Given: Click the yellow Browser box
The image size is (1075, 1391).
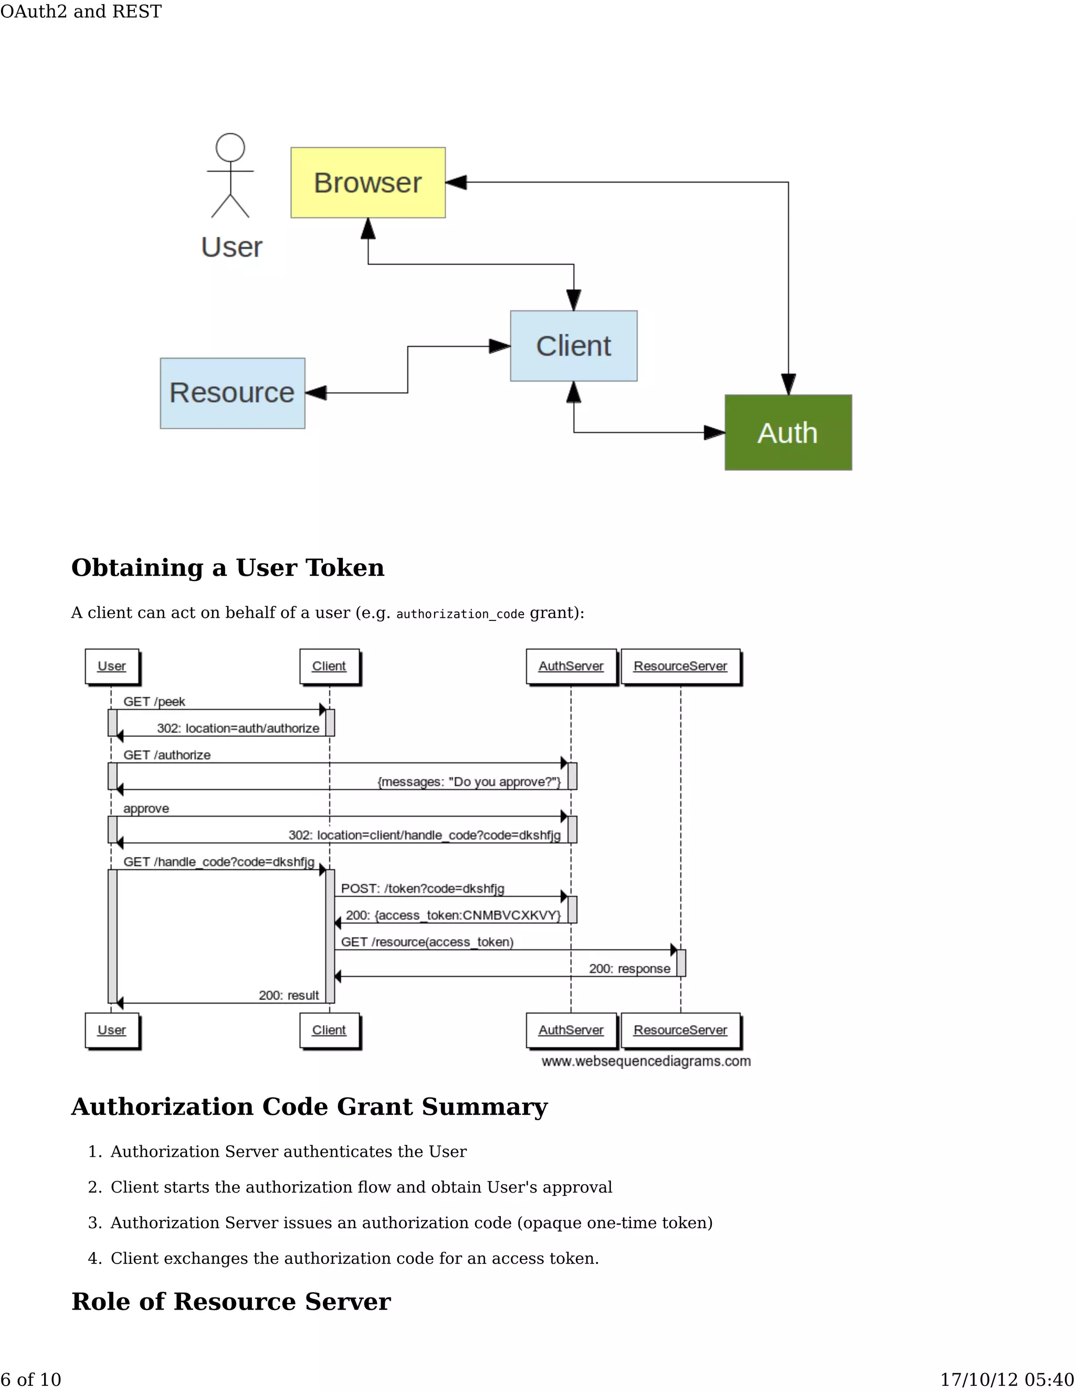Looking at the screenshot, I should click(x=368, y=183).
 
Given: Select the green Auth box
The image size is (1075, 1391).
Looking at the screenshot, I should click(x=788, y=433).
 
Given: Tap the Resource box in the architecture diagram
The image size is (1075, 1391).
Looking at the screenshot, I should click(x=233, y=393).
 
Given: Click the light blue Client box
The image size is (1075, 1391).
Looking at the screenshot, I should click(x=573, y=346).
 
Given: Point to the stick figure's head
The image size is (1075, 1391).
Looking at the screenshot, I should click(x=230, y=147).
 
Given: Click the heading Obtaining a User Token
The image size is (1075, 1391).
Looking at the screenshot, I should click(x=228, y=567).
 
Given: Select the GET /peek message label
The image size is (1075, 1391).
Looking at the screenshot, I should click(x=154, y=701).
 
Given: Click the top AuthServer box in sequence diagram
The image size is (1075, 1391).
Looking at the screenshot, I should click(x=571, y=666).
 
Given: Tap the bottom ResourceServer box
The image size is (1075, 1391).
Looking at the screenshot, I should click(x=680, y=1030).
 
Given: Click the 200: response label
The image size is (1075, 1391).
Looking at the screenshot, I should click(x=629, y=969).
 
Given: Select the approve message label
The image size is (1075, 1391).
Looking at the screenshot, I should click(x=146, y=808).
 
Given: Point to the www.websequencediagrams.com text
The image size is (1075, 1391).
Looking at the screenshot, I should click(x=646, y=1061).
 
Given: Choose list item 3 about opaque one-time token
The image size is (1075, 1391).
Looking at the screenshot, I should click(x=411, y=1223).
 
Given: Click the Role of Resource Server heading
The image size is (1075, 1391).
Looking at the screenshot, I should click(x=231, y=1301).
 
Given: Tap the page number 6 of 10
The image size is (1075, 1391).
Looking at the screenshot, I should click(x=30, y=1379).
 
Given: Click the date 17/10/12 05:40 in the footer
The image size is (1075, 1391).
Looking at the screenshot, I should click(x=1007, y=1379).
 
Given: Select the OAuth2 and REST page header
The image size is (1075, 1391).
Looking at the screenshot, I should click(x=81, y=12).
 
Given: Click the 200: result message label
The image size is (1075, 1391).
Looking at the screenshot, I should click(x=289, y=995).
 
